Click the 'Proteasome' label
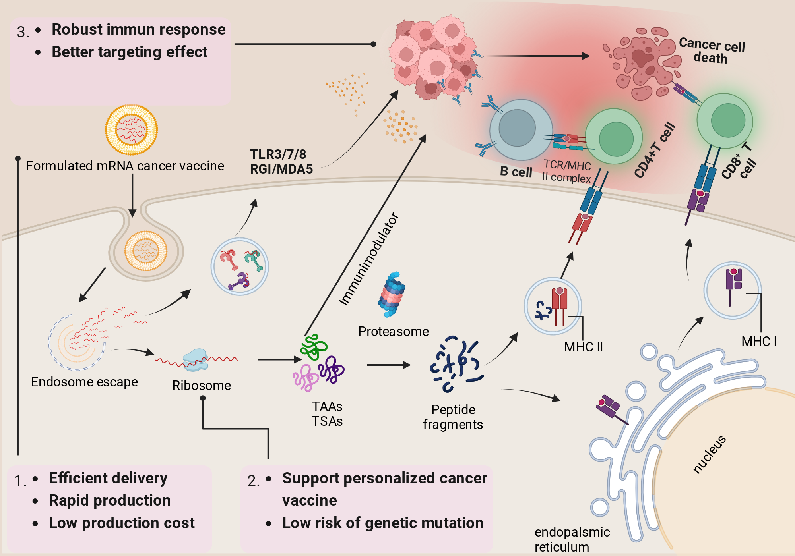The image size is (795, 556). click(x=394, y=331)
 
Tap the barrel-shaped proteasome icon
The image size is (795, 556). click(x=392, y=294)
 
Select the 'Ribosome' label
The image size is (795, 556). click(x=202, y=385)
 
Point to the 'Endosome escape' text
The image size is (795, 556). click(x=84, y=382)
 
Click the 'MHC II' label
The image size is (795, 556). click(x=584, y=347)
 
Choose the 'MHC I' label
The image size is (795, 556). click(x=759, y=341)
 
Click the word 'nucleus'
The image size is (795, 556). click(x=710, y=454)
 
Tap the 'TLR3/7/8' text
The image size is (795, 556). click(x=278, y=154)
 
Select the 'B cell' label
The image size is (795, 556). click(x=516, y=172)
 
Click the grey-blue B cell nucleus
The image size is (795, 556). click(x=517, y=128)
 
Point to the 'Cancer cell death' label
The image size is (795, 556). click(x=712, y=51)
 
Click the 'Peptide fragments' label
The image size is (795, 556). click(x=453, y=417)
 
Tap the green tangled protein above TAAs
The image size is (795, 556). click(x=314, y=347)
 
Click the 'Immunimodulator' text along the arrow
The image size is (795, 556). click(x=368, y=259)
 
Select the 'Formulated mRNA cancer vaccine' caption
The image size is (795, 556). click(x=125, y=166)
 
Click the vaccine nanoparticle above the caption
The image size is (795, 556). click(x=131, y=129)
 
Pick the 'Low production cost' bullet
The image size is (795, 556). click(x=122, y=523)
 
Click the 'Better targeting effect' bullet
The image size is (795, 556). click(x=130, y=52)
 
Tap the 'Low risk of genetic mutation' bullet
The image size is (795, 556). click(x=383, y=523)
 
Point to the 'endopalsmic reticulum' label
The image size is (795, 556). click(x=572, y=539)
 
